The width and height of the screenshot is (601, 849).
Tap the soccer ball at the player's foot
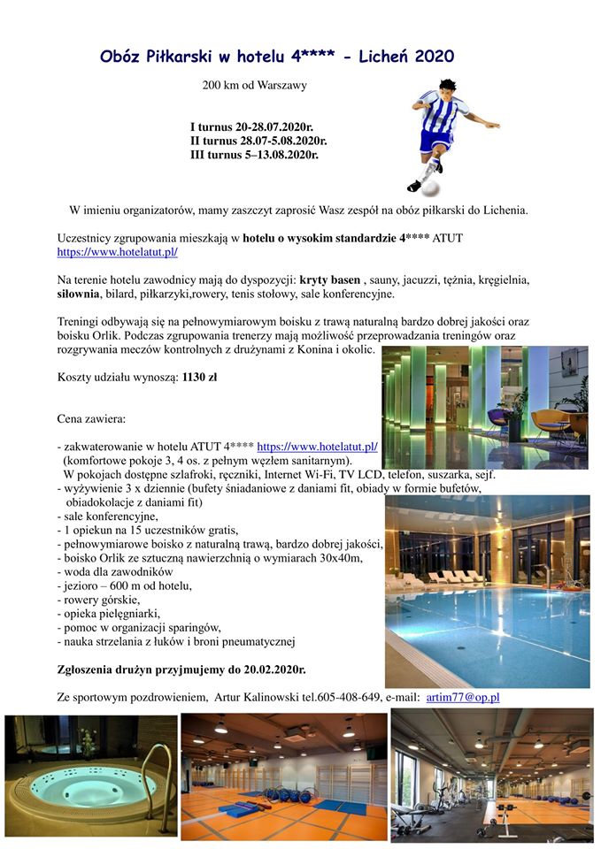point(429,187)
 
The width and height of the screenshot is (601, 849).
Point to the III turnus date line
point(254,154)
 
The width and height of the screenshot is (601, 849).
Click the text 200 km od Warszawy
point(255,86)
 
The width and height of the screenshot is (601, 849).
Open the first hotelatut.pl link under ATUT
point(118,252)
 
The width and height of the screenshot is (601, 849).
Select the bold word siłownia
point(78,294)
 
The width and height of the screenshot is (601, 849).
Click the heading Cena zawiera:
point(91,417)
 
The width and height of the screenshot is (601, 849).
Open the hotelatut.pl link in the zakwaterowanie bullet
point(317,447)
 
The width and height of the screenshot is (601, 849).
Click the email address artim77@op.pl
point(463,697)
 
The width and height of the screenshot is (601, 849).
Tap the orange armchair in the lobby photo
point(551,420)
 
